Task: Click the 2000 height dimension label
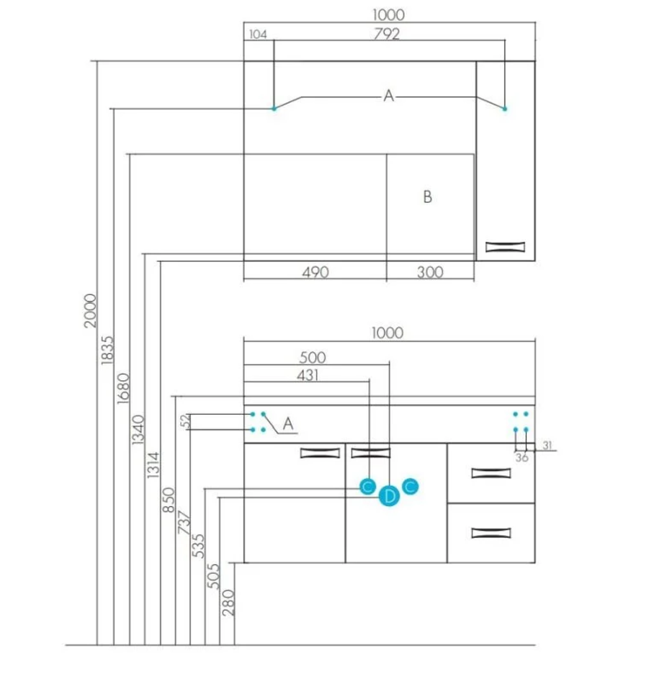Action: (x=89, y=310)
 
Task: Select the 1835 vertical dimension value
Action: (x=107, y=354)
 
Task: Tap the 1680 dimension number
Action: (x=122, y=390)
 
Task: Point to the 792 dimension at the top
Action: (x=387, y=34)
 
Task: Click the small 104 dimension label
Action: (x=257, y=35)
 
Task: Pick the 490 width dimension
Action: (x=315, y=272)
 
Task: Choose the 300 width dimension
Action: (x=429, y=272)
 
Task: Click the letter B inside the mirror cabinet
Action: (x=427, y=197)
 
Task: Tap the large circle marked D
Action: (x=389, y=496)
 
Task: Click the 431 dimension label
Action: (x=307, y=374)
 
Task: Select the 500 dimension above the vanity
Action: (x=313, y=357)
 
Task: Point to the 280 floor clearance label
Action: (x=228, y=602)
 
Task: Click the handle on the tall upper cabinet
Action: (x=506, y=247)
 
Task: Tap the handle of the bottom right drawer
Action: (x=491, y=534)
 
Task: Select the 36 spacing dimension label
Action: (x=522, y=457)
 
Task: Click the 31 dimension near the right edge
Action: (x=548, y=446)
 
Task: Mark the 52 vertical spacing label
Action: (x=185, y=423)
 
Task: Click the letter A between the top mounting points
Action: (x=389, y=95)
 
